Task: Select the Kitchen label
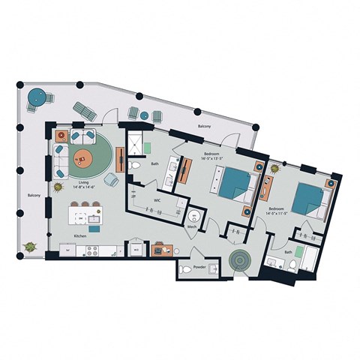82,236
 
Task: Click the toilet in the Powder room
185,268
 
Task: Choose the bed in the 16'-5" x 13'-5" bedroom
235,184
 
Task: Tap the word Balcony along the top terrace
204,127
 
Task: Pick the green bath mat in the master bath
148,146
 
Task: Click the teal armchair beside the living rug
112,179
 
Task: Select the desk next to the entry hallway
160,249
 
